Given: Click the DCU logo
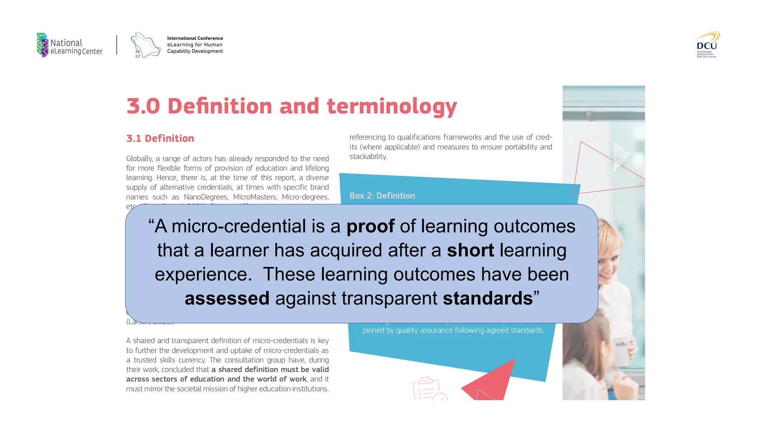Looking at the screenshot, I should point(706,45).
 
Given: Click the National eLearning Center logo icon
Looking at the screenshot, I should point(43,45).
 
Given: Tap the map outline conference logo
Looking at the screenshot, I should point(145,45).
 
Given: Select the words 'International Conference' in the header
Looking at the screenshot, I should point(195,38).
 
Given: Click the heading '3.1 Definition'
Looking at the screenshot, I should point(160,138).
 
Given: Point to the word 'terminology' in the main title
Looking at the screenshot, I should point(392,106).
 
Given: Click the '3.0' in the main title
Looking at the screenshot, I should point(143,106).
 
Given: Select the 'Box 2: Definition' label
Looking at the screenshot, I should point(382,196).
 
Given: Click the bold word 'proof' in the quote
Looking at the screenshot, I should point(370,226).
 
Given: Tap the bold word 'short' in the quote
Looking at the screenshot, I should point(470,250).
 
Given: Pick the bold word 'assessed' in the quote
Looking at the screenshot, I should point(227,298).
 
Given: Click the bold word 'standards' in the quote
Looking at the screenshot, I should point(488,298).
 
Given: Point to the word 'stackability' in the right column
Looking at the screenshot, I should point(368,156).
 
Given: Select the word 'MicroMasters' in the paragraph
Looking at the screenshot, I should point(255,197).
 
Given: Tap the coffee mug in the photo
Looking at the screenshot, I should point(622,351).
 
